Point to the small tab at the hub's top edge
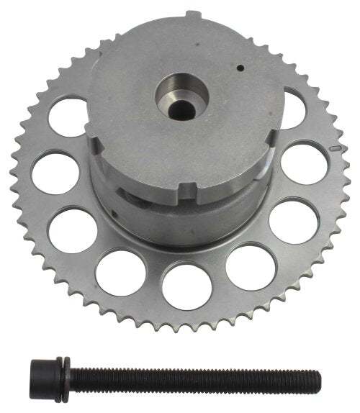(191, 14)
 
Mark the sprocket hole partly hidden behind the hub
(291, 108)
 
